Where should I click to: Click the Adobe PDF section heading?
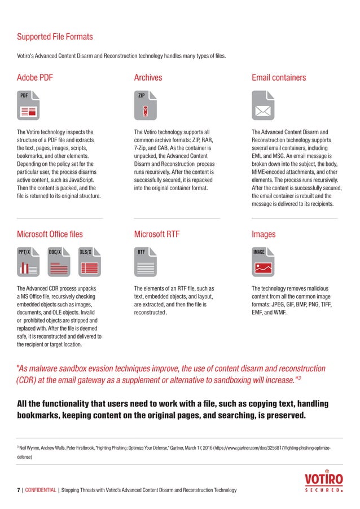38,77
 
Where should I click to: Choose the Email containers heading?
279,77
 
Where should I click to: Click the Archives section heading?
148,77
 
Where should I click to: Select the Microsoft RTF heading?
157,234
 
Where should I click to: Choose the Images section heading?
264,234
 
